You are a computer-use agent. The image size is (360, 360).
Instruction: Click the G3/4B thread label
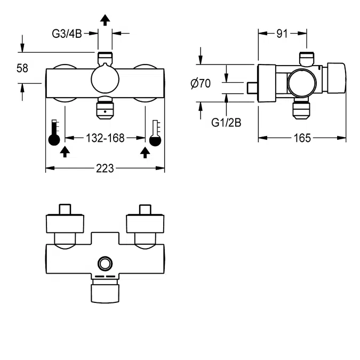tap(67, 34)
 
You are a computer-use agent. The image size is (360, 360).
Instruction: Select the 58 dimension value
tap(22, 68)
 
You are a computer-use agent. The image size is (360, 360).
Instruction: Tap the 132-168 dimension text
tap(105, 138)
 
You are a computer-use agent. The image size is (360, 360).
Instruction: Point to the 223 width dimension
tap(105, 169)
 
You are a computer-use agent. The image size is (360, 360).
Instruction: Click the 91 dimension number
tap(282, 34)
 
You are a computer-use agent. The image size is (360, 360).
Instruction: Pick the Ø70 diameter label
tap(201, 83)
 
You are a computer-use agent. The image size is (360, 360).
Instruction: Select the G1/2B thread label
tap(226, 123)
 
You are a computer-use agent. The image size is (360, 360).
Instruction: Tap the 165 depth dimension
tap(302, 138)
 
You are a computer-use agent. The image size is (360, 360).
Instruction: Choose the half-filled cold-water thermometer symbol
tap(155, 133)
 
